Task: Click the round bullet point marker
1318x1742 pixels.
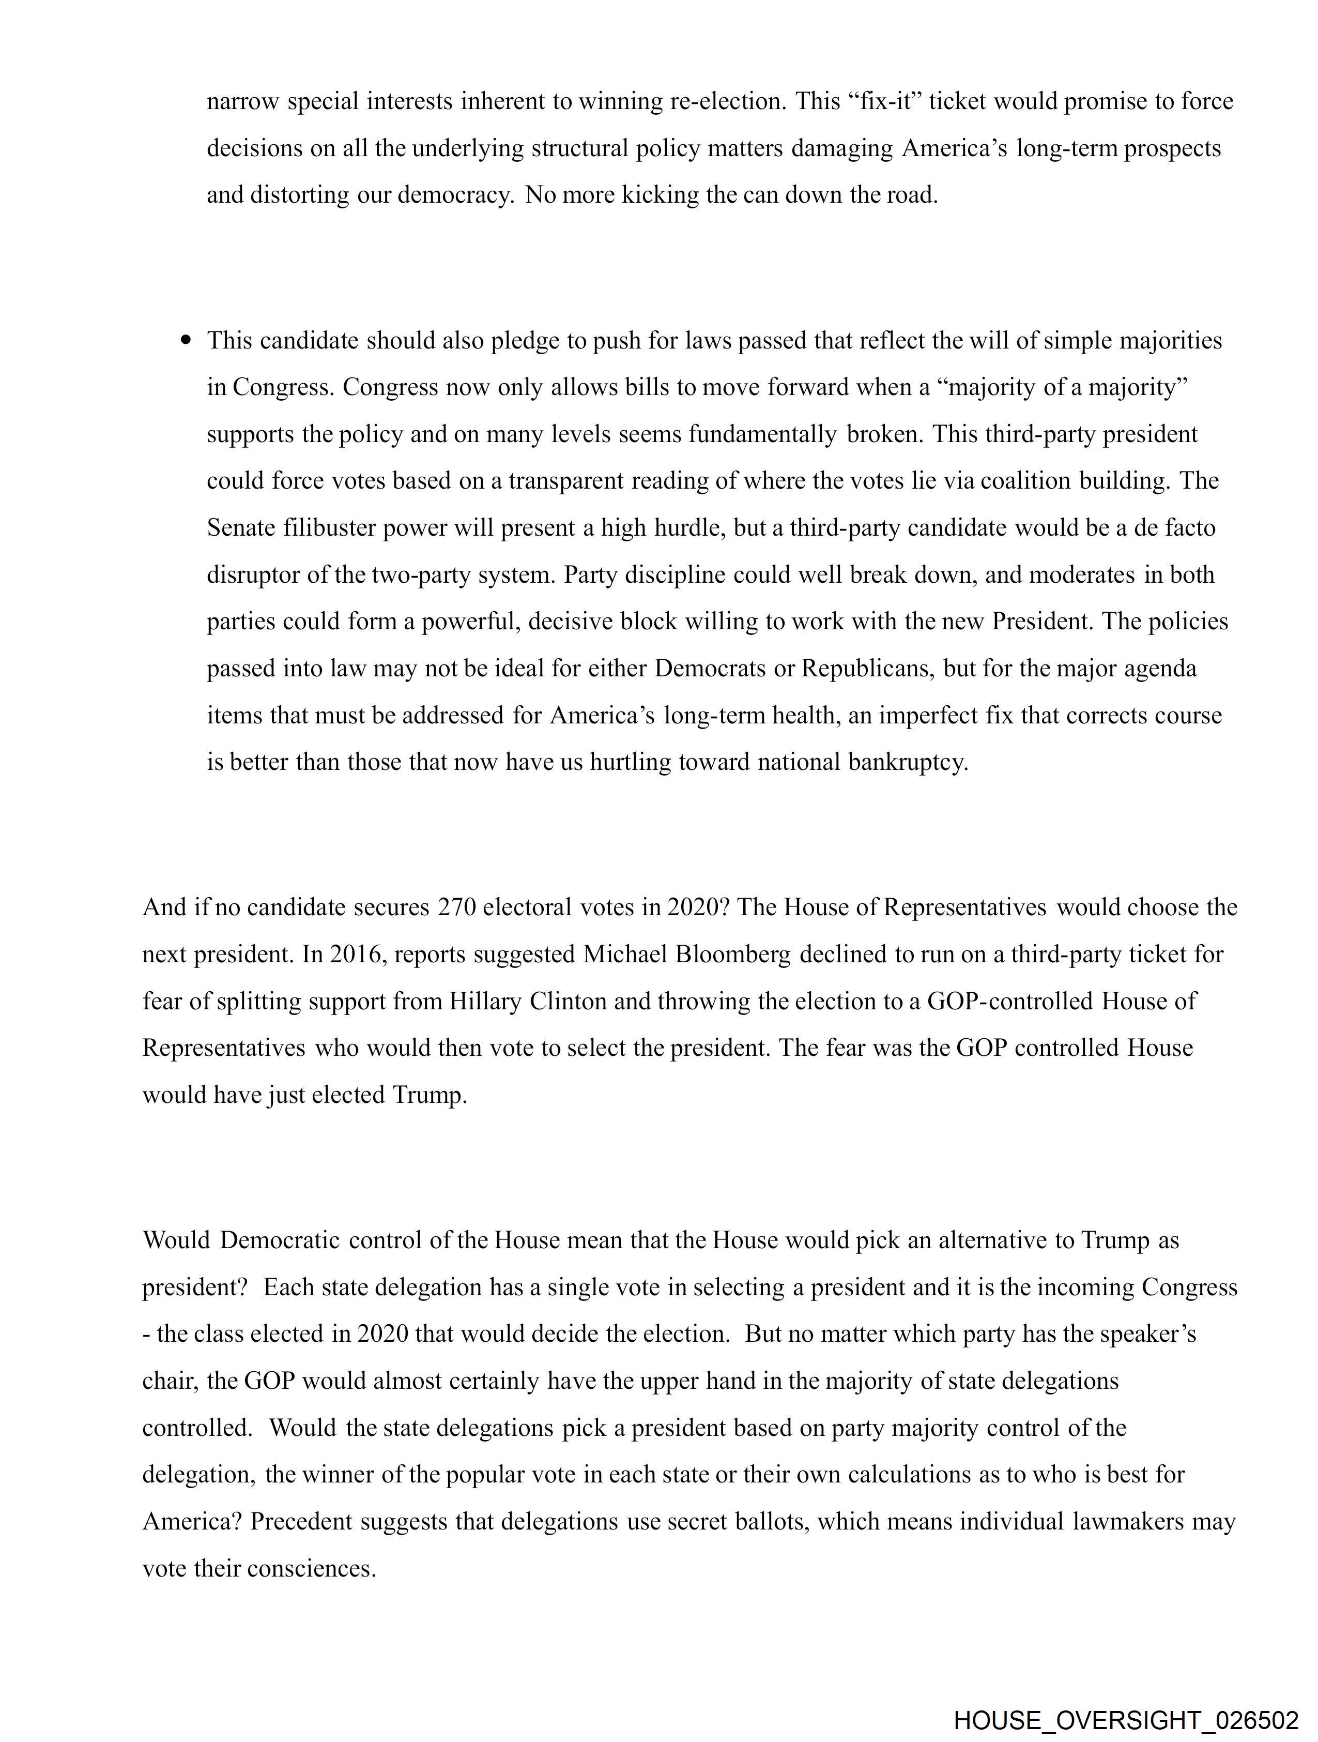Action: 186,340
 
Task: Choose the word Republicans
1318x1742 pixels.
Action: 866,669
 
